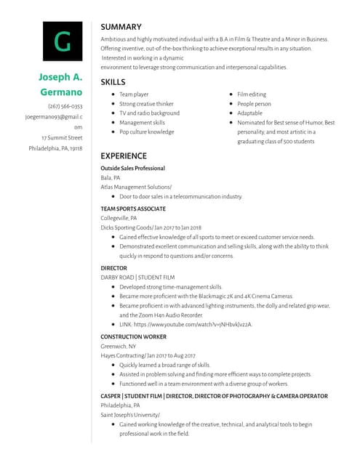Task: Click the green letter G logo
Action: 63,41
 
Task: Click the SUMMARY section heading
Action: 121,27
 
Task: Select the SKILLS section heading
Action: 113,82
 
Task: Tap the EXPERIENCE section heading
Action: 124,156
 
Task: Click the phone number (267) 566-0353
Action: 65,106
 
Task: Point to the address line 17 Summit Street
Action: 62,137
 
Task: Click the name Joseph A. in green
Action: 60,77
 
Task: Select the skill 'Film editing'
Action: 252,94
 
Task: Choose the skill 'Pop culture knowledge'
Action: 147,132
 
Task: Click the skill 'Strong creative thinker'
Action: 146,104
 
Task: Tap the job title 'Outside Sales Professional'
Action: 132,169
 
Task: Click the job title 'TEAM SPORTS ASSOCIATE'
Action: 133,209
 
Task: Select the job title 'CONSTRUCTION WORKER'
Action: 133,337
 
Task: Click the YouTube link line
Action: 185,324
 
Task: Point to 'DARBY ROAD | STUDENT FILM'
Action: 137,278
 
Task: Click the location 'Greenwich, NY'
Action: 119,347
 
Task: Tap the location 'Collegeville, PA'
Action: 119,218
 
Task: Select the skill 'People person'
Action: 254,104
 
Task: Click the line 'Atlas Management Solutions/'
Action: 136,187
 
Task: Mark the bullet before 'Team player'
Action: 112,94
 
